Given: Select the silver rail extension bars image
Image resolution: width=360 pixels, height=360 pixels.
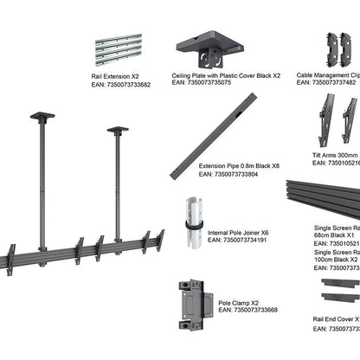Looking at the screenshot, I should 119,51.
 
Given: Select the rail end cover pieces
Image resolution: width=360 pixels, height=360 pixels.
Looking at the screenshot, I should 339,290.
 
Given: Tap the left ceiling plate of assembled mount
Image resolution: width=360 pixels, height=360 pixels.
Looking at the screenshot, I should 42,115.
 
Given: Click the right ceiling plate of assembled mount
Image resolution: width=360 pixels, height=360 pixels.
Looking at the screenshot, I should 118,131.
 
